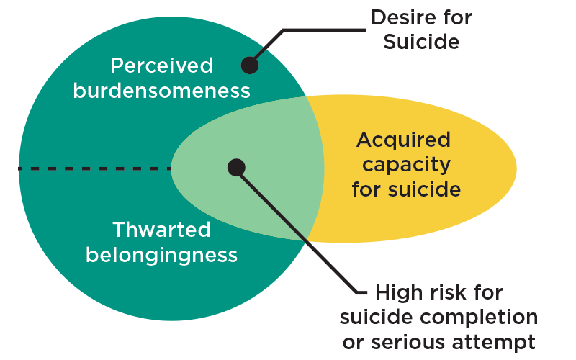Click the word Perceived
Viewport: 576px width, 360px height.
point(161,66)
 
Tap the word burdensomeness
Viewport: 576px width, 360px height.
point(161,91)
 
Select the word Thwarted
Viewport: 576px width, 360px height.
point(161,230)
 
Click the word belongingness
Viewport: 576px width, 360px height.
point(161,255)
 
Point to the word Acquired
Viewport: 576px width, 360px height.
point(403,140)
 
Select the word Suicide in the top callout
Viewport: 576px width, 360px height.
point(420,42)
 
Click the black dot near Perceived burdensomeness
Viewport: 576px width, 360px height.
point(249,66)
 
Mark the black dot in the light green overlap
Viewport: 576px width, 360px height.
point(236,168)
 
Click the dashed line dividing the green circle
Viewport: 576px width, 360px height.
point(94,168)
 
